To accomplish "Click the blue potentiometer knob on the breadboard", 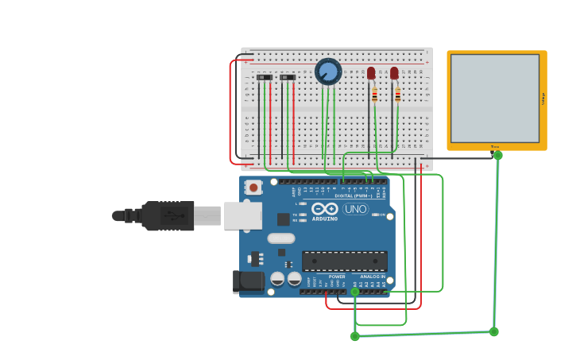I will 328,72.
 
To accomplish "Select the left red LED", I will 371,73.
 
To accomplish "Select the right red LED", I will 394,73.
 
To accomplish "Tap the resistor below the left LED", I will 374,95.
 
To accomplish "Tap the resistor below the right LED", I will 397,95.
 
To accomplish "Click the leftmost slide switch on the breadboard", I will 265,77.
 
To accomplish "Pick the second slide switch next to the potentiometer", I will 288,77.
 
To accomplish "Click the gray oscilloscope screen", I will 495,98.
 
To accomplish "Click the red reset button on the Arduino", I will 253,188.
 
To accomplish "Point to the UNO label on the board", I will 355,209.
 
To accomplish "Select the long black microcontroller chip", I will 345,261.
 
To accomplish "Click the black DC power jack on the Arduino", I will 247,282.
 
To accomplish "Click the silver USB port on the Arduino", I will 242,215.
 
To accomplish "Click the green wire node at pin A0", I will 355,292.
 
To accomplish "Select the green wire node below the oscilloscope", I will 498,155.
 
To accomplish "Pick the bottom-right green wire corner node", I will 493,331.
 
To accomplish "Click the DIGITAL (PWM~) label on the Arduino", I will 354,195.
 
